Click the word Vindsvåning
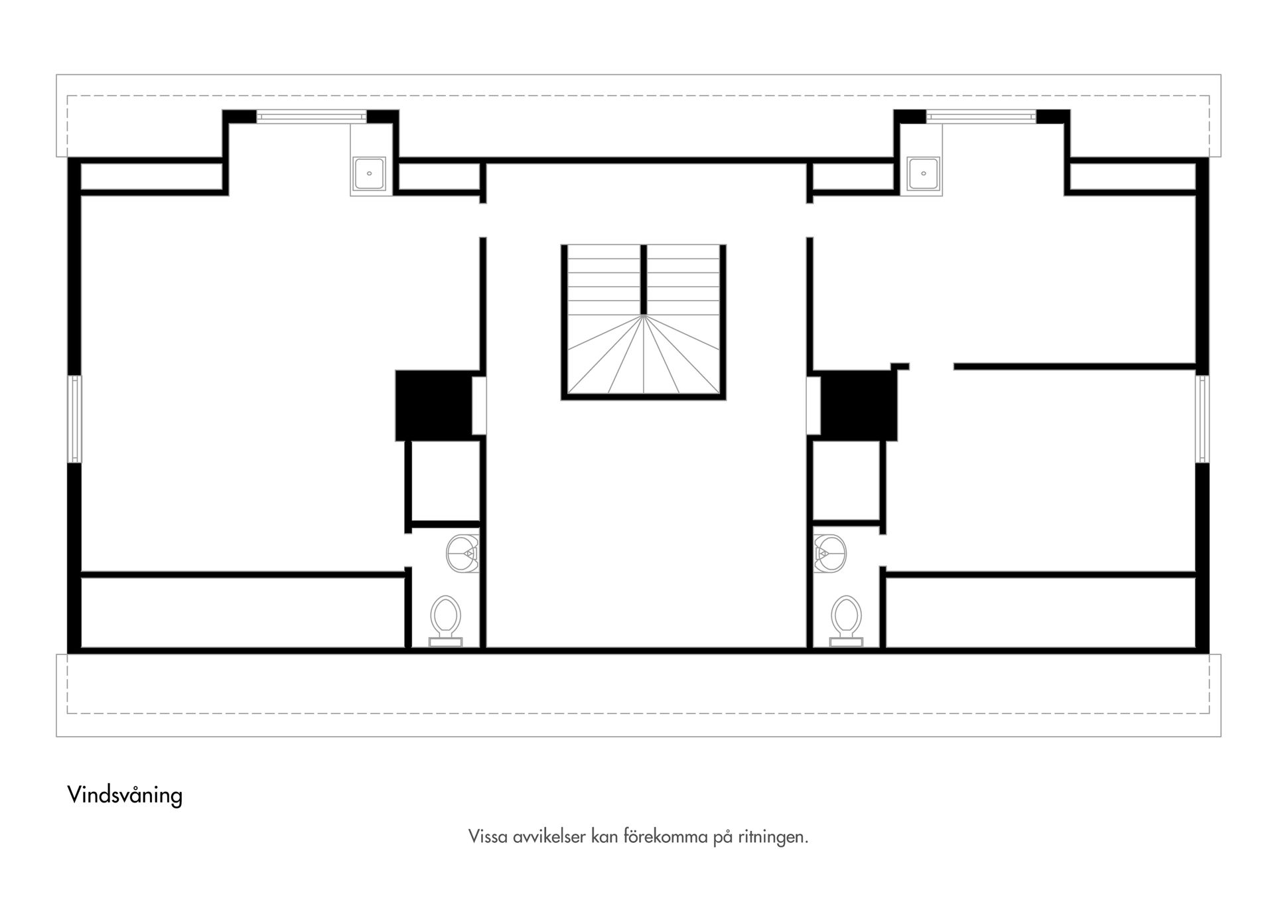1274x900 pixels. pyautogui.click(x=125, y=794)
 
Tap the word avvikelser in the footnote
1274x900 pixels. pyautogui.click(x=549, y=837)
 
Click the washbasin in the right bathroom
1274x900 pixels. pyautogui.click(x=830, y=553)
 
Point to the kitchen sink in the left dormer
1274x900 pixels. pyautogui.click(x=368, y=174)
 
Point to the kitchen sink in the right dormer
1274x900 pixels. pyautogui.click(x=923, y=174)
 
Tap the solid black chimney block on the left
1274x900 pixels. pyautogui.click(x=433, y=405)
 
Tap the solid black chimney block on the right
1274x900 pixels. pyautogui.click(x=859, y=405)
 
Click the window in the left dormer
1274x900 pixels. pyautogui.click(x=311, y=117)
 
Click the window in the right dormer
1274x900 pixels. pyautogui.click(x=981, y=117)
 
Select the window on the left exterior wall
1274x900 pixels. pyautogui.click(x=76, y=419)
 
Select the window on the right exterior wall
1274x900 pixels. pyautogui.click(x=1202, y=419)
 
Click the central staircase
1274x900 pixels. pyautogui.click(x=643, y=322)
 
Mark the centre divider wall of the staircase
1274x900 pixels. pyautogui.click(x=644, y=279)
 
